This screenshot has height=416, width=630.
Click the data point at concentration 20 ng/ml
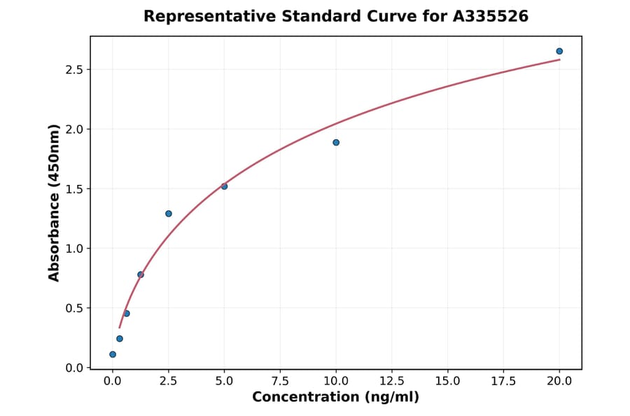(559, 51)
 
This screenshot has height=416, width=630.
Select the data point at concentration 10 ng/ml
(336, 142)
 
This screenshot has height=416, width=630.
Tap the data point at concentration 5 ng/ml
(224, 186)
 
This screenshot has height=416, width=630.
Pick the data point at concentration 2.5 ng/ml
(169, 214)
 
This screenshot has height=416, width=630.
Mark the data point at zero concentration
(113, 354)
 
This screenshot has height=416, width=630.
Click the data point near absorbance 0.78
(141, 275)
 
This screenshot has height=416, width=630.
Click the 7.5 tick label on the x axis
(280, 381)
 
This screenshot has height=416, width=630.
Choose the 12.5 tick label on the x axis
(391, 381)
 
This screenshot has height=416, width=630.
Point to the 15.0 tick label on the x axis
(447, 381)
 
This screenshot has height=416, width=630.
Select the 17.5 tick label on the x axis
(503, 381)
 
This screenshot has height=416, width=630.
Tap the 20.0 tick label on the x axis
(559, 381)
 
